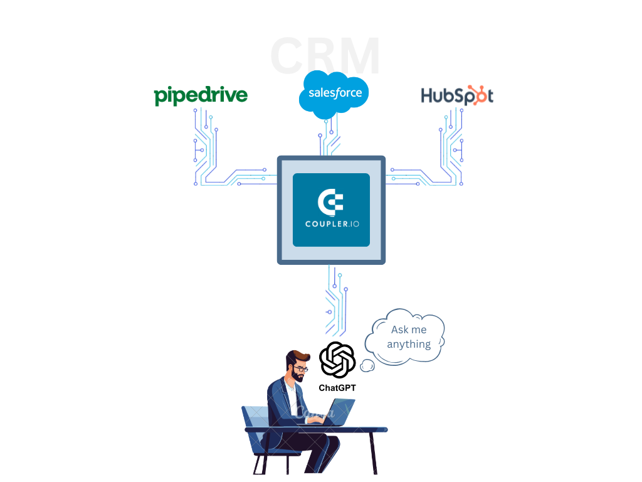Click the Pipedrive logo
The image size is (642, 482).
point(201,95)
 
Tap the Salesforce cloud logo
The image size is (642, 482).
point(334,94)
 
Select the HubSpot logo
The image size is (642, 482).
point(457,95)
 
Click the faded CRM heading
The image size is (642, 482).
point(325,56)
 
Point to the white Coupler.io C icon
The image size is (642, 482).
point(330,202)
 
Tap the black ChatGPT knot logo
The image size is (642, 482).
point(337,360)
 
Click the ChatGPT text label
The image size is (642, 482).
point(337,388)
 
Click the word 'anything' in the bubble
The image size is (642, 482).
point(409,344)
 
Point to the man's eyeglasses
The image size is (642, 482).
point(299,369)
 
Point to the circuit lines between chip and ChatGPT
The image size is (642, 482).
point(335,298)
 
